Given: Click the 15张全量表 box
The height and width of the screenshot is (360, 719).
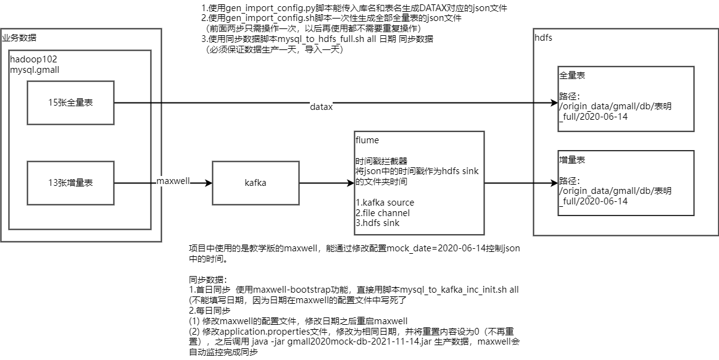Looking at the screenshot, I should [70, 103].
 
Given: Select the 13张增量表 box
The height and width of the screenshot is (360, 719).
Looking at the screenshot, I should [70, 183].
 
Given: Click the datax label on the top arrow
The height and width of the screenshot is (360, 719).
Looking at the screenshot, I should [321, 107].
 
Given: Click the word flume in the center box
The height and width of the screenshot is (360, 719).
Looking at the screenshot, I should [367, 141].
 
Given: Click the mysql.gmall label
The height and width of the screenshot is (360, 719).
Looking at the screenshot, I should [35, 70].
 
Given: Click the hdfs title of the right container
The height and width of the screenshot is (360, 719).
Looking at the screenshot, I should [543, 38].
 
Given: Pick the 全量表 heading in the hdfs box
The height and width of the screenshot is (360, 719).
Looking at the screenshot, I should [573, 75].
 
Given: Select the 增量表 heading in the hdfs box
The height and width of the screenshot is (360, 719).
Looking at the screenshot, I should [573, 160].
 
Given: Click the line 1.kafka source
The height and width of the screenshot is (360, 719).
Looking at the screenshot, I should [385, 203].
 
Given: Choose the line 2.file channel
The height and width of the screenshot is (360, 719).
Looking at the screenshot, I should [383, 213].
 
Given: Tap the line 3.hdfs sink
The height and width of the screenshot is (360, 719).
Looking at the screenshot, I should [378, 223].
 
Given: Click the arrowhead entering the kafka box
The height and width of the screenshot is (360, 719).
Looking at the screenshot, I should [208, 183].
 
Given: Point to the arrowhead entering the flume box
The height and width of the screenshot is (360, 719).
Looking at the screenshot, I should [351, 183].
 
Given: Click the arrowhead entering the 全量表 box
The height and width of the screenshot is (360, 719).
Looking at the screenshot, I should [554, 103].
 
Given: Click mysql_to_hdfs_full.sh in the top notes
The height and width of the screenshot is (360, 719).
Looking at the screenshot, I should [326, 39].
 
